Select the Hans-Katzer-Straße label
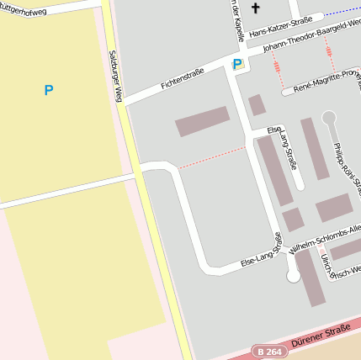[x=280, y=28]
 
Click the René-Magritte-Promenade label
[x=326, y=80]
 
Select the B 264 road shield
[x=269, y=352]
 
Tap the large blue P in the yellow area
[x=49, y=90]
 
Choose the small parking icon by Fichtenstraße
[x=237, y=64]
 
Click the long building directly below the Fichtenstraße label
[x=202, y=121]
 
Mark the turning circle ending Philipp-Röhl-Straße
[x=328, y=118]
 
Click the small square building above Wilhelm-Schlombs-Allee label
[x=292, y=220]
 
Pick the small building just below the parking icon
[x=257, y=104]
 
